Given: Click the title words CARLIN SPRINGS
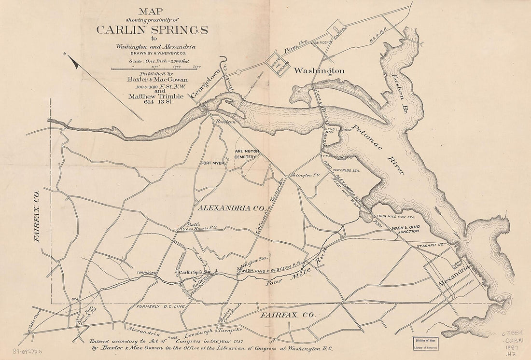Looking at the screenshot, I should coord(152,29).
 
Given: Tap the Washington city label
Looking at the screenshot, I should coord(319,71).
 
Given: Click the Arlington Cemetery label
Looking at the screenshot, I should coord(247,154).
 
